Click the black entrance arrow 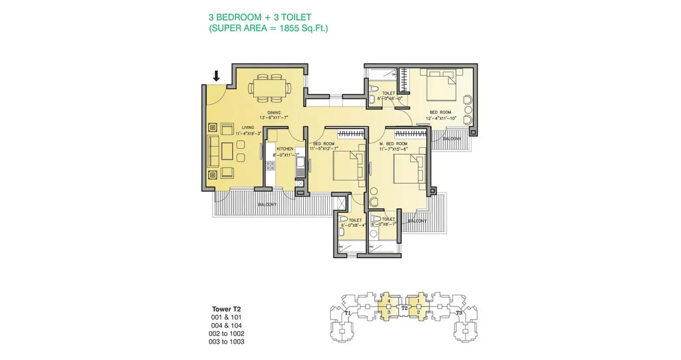point(216,76)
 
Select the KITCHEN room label point(285,149)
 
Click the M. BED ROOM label point(393,144)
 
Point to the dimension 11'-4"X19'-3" point(248,133)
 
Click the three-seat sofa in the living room point(213,151)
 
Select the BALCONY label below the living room point(267,205)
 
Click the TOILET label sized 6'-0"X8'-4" point(355,220)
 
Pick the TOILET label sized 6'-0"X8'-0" point(388,93)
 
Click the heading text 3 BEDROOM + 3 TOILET point(260,17)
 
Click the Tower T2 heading point(226,309)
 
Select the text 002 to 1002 point(226,334)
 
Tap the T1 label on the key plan point(347,313)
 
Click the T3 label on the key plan point(459,313)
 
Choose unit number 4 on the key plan point(389,301)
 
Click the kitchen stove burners point(270,165)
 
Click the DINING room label point(274,113)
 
